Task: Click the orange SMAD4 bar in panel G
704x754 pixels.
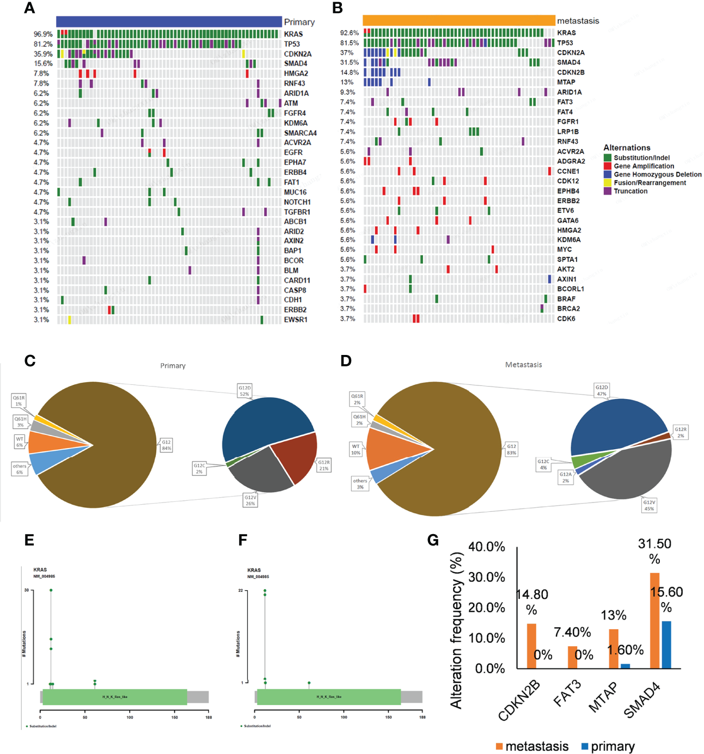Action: [x=654, y=620]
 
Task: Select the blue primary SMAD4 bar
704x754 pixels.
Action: [x=666, y=645]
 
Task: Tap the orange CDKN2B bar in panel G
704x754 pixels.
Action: [x=531, y=646]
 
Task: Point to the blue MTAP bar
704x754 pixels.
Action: [x=626, y=666]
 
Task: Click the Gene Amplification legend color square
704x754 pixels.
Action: [x=608, y=166]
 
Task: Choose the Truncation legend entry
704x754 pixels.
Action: [x=630, y=191]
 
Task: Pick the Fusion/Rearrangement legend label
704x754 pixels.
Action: [x=650, y=183]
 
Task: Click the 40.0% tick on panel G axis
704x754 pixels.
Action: [x=487, y=547]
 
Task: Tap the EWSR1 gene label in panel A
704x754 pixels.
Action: [x=296, y=320]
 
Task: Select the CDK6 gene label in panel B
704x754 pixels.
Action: [x=566, y=318]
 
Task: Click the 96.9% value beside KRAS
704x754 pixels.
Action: [x=43, y=34]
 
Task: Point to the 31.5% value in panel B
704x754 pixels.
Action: [x=350, y=63]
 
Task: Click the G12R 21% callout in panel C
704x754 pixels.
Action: [x=324, y=465]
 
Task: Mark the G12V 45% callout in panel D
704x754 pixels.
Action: [x=649, y=505]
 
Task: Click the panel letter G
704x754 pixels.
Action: [x=433, y=540]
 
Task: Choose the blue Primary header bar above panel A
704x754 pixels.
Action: [x=169, y=21]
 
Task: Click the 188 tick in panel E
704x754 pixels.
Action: [x=209, y=718]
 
